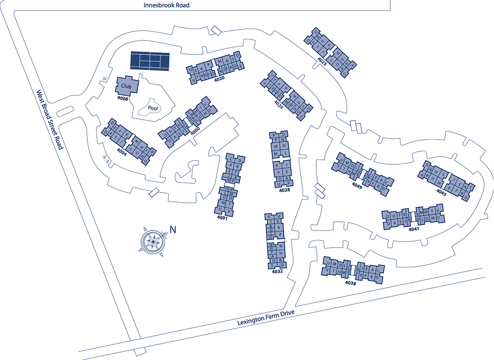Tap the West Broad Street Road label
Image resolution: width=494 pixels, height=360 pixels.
pos(49,120)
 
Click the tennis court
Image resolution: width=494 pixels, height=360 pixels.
pos(150,61)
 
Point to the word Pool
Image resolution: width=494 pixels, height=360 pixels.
pos(153,108)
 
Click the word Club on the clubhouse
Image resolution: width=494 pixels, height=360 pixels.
pos(126,86)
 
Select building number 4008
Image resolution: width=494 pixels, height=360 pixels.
pos(123,98)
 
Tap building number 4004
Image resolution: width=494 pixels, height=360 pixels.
pos(121,150)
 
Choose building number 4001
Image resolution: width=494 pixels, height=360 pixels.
pos(222,218)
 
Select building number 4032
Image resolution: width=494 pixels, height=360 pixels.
pos(277,271)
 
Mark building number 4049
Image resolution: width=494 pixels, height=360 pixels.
pos(357,185)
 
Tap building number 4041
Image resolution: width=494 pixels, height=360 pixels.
pos(414,229)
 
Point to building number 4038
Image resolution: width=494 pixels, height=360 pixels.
pos(351,283)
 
